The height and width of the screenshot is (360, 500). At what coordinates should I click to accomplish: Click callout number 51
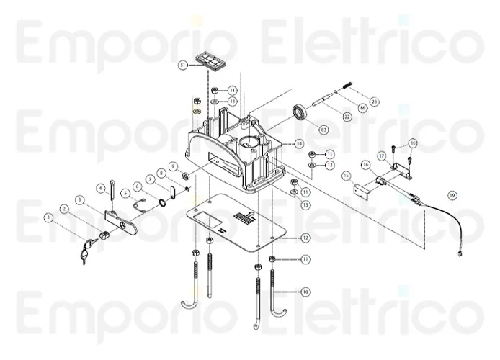[183, 66]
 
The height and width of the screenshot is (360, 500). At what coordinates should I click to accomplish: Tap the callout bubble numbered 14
[299, 144]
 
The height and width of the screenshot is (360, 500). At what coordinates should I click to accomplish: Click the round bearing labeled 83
[298, 115]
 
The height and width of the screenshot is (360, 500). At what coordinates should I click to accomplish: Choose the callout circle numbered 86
[362, 108]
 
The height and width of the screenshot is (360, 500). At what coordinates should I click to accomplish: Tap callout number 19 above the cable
[452, 195]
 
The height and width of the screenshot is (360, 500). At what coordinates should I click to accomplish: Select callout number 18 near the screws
[413, 143]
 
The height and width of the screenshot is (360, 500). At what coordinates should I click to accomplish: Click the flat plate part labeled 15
[358, 193]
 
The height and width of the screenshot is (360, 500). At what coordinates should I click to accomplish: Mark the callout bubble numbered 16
[366, 165]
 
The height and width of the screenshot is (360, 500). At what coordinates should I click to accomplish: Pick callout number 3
[80, 199]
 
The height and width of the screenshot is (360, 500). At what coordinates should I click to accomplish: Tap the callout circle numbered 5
[124, 193]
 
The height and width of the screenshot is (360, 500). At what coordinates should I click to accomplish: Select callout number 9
[173, 166]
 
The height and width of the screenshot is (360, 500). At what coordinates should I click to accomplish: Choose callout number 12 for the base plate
[305, 238]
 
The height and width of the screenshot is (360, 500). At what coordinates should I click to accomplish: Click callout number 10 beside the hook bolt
[305, 292]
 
